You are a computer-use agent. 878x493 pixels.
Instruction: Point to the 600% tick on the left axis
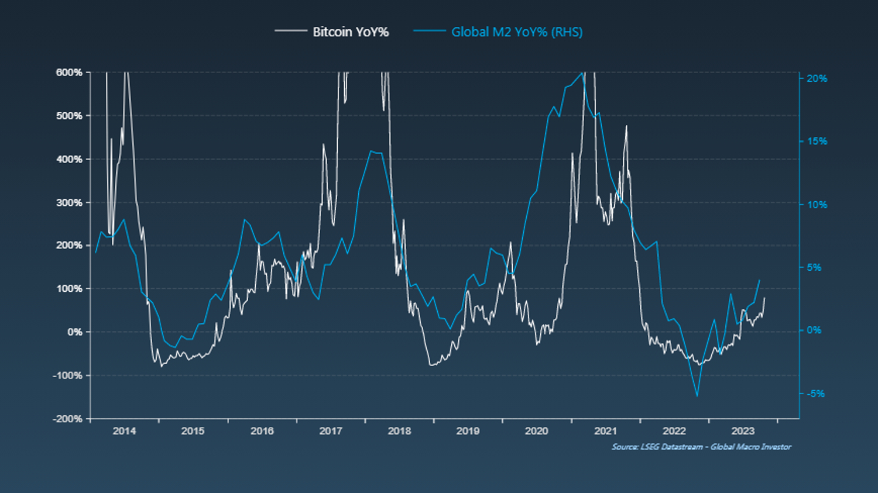[x=69, y=73]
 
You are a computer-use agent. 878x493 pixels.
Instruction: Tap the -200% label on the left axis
[x=67, y=419]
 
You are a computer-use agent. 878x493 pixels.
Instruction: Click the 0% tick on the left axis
[x=74, y=332]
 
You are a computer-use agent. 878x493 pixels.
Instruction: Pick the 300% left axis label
[x=69, y=202]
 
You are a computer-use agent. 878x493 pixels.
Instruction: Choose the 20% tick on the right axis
[x=817, y=78]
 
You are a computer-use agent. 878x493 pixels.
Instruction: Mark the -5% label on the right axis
[x=815, y=394]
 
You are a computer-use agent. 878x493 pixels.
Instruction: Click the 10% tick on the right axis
[x=817, y=205]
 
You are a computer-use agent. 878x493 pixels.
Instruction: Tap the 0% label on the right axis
[x=814, y=330]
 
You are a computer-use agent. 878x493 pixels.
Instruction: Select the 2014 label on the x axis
[x=124, y=431]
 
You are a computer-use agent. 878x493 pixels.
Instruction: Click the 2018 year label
[x=399, y=431]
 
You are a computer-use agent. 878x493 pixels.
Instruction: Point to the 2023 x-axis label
[x=743, y=431]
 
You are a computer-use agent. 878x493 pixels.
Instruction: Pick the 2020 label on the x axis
[x=536, y=431]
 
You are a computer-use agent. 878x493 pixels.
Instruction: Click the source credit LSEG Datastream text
[x=701, y=447]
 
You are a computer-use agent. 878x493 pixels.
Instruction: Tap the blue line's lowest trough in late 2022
[x=697, y=396]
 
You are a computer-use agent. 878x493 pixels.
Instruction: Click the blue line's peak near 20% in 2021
[x=582, y=73]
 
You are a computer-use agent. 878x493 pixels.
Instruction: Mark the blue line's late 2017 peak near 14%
[x=371, y=151]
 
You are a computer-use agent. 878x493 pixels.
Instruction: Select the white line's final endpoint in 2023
[x=764, y=298]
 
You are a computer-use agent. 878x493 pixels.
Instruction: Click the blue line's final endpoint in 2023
[x=760, y=280]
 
